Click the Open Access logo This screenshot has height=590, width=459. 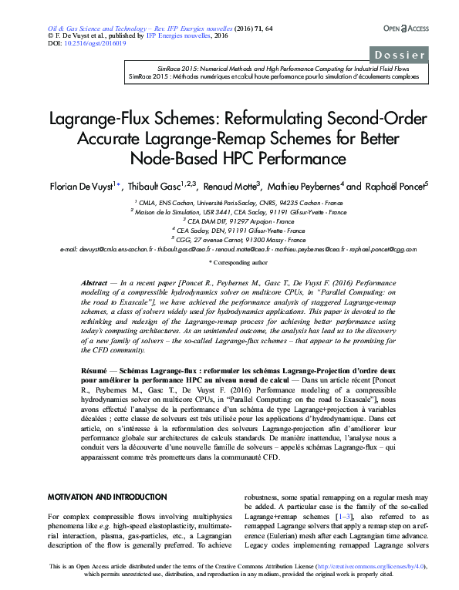405,29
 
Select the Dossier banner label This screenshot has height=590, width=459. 400,56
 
